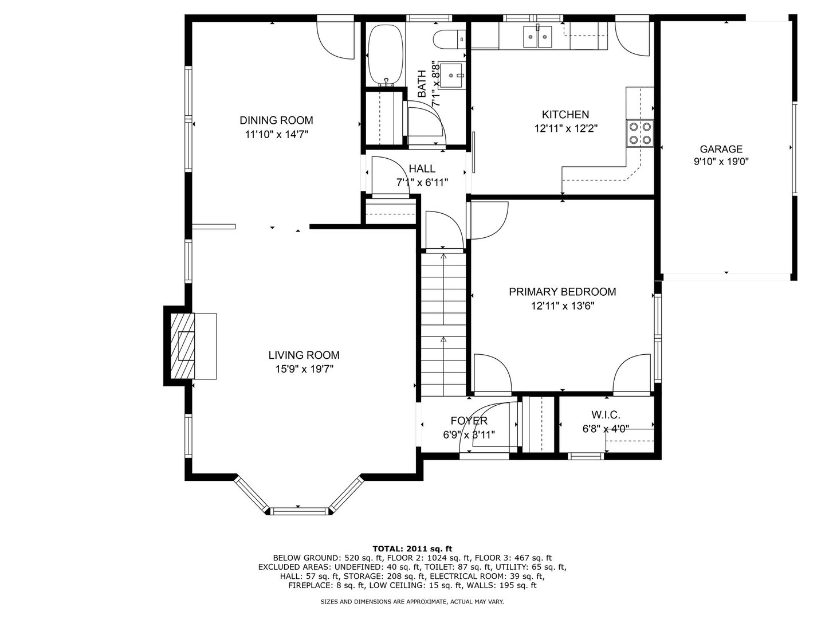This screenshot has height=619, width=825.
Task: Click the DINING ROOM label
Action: click(x=276, y=120)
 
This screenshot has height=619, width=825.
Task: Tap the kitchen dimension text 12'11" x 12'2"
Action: click(x=565, y=129)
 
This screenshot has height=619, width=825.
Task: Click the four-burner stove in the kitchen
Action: click(x=640, y=133)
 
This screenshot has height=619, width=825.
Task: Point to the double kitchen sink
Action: click(x=537, y=37)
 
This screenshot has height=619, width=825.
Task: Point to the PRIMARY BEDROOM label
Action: click(x=562, y=292)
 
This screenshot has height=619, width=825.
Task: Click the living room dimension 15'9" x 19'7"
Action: click(x=304, y=370)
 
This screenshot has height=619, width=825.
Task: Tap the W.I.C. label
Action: click(x=606, y=415)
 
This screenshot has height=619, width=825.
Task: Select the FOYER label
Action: click(x=469, y=421)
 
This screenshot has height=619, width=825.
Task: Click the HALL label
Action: click(x=422, y=169)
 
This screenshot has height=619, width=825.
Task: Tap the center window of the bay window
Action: click(x=298, y=510)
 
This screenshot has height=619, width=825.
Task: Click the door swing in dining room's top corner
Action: click(x=338, y=39)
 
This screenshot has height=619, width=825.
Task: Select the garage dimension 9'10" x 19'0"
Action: click(x=721, y=162)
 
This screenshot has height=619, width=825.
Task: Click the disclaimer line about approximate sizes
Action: click(x=412, y=602)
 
